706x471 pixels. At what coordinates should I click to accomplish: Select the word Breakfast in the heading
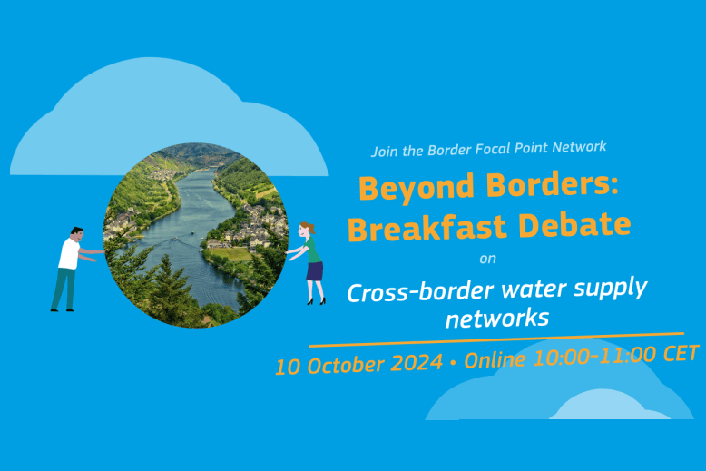[x=427, y=228]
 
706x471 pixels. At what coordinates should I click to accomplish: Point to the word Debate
[x=574, y=224]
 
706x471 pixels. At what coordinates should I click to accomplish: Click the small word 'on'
[x=487, y=259]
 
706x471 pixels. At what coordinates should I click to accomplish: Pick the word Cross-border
[x=420, y=292]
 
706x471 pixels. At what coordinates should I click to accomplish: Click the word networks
[x=497, y=319]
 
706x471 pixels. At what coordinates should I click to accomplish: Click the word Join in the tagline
[x=385, y=152]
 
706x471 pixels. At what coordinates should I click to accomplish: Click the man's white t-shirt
[x=69, y=254]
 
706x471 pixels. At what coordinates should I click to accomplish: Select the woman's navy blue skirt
[x=315, y=271]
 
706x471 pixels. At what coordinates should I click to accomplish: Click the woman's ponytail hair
[x=309, y=228]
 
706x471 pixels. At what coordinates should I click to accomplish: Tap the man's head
[x=77, y=235]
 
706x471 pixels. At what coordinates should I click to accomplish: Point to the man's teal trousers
[x=64, y=289]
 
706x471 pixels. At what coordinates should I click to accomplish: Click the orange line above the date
[x=496, y=340]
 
